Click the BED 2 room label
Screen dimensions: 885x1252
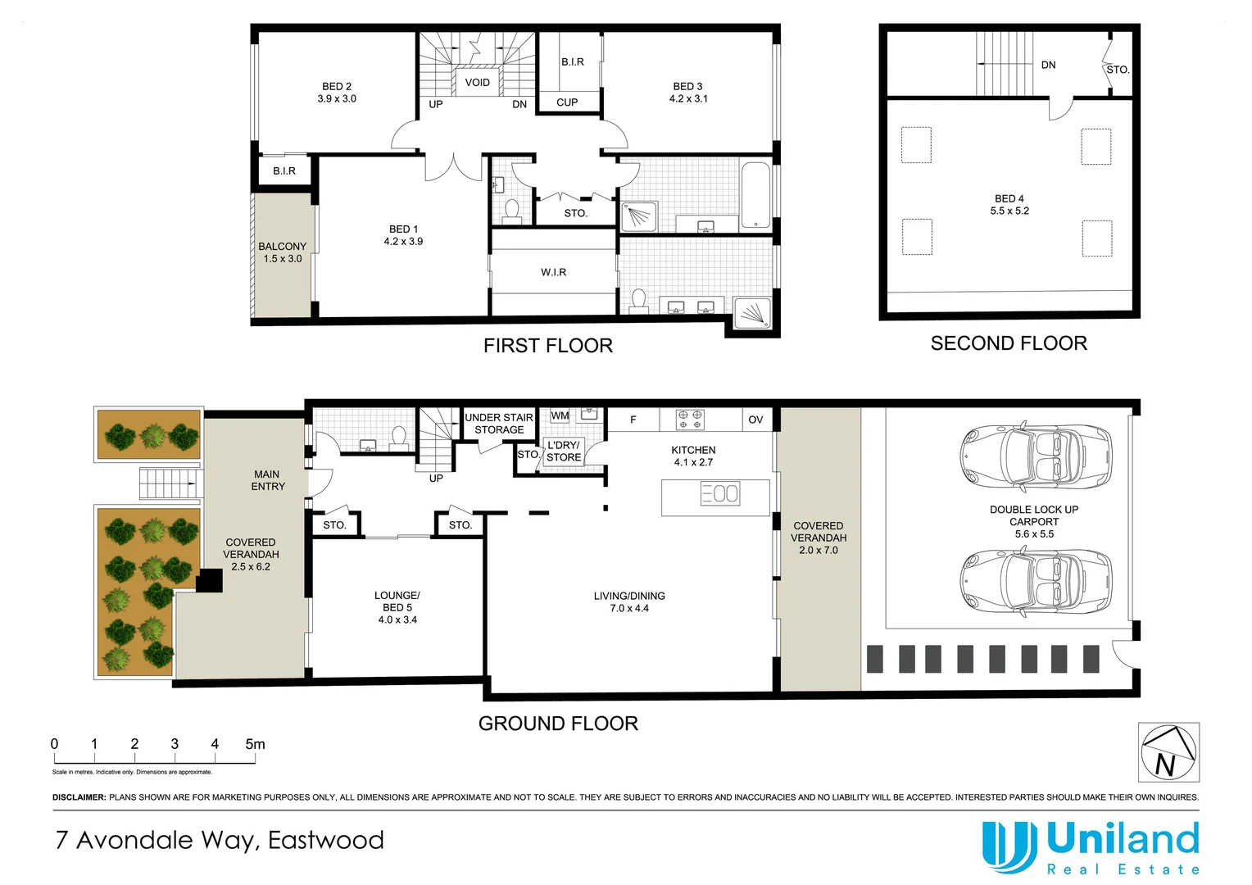coord(337,93)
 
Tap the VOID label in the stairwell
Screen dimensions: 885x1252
coord(477,83)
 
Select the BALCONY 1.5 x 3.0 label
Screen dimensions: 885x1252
coord(282,252)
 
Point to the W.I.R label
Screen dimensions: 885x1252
coord(553,272)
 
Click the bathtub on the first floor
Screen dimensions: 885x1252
coord(755,195)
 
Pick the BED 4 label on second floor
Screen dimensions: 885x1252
coord(1009,205)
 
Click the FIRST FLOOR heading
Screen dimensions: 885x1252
coord(547,346)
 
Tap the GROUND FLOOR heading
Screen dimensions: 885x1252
coord(558,724)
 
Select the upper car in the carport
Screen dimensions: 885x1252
coord(1036,457)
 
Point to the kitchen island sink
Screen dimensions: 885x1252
coord(720,493)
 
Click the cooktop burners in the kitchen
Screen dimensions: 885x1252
coord(689,420)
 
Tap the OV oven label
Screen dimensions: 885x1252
coord(755,420)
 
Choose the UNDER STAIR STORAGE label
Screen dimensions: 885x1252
coord(499,424)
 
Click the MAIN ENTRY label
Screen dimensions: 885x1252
coord(268,480)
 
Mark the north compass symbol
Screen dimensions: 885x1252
coord(1168,752)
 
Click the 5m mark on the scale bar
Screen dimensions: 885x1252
coord(255,744)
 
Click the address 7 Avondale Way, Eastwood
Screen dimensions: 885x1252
coord(220,840)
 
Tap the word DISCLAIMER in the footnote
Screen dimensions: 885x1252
coord(79,797)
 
